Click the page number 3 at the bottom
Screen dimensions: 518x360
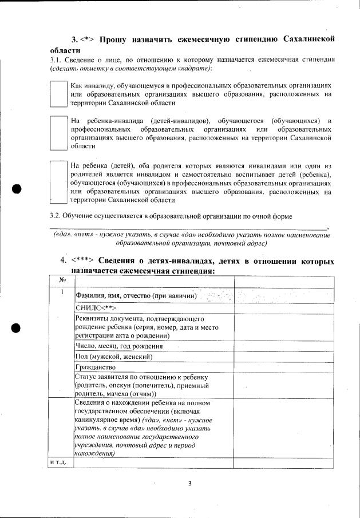coord(189,483)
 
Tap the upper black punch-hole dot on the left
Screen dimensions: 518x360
coord(17,189)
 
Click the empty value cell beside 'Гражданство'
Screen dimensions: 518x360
coord(283,367)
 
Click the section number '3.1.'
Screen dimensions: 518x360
coord(57,60)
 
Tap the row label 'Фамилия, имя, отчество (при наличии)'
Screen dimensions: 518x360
coord(136,296)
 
